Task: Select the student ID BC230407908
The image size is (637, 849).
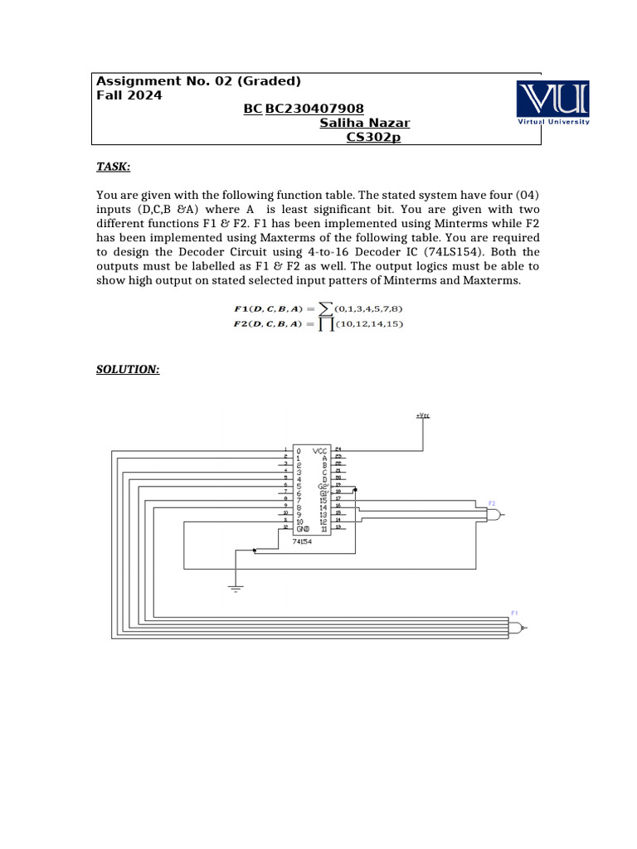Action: click(x=315, y=109)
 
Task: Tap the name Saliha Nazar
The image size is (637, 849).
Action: click(x=364, y=123)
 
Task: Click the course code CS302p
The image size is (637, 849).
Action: click(x=372, y=137)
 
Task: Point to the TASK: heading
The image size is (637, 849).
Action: click(x=114, y=167)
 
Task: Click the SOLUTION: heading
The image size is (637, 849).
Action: click(x=128, y=369)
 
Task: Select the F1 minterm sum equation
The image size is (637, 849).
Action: click(x=319, y=309)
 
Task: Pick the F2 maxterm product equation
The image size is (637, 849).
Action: click(x=319, y=324)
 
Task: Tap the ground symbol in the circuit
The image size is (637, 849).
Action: click(x=236, y=589)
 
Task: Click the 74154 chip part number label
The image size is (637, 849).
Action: click(x=302, y=541)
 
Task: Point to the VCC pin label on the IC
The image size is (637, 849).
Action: click(x=319, y=450)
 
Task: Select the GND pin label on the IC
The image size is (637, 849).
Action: click(x=302, y=528)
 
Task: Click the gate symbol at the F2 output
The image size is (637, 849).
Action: click(x=494, y=515)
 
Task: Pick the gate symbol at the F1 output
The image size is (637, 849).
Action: click(x=517, y=628)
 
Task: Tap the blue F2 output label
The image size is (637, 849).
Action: click(x=492, y=503)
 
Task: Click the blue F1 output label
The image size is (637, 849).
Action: click(x=514, y=613)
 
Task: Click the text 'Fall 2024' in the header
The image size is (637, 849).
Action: click(x=129, y=95)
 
